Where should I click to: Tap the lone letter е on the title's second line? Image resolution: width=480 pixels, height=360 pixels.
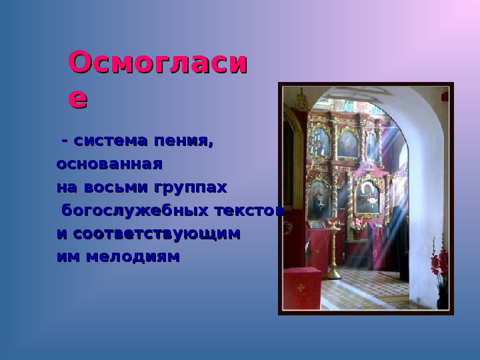point(78,99)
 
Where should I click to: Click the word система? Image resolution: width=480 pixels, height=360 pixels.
point(111,141)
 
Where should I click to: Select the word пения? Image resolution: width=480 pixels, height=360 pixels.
point(183,141)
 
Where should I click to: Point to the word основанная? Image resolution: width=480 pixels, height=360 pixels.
point(109,164)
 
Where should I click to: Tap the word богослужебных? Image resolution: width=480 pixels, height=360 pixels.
point(135,211)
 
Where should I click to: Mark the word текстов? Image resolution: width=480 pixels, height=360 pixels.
point(249,211)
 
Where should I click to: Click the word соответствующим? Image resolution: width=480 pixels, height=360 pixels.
point(157,234)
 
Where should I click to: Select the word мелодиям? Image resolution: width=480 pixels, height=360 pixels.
point(133,257)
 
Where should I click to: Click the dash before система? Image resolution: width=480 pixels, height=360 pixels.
point(65,141)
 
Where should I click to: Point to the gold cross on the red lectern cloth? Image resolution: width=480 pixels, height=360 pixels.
point(301,288)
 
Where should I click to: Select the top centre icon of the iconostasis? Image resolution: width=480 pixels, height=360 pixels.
point(347,143)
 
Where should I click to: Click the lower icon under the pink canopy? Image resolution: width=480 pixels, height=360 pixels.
point(367,197)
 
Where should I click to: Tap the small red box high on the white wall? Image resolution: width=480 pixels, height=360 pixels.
point(445,96)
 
